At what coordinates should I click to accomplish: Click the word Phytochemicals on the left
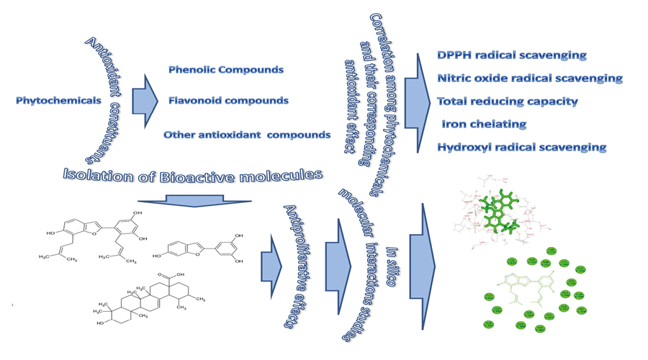[58, 101]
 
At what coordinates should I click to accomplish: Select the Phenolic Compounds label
[225, 70]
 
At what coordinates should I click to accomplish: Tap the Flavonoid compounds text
[228, 101]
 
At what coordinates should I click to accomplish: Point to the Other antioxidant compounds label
[247, 135]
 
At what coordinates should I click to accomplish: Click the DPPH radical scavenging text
[512, 55]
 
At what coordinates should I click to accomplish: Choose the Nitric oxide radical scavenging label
[529, 78]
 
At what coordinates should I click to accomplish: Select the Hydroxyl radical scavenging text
[522, 148]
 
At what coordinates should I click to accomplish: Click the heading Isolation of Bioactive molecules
[192, 175]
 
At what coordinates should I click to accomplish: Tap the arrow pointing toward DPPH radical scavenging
[417, 101]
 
